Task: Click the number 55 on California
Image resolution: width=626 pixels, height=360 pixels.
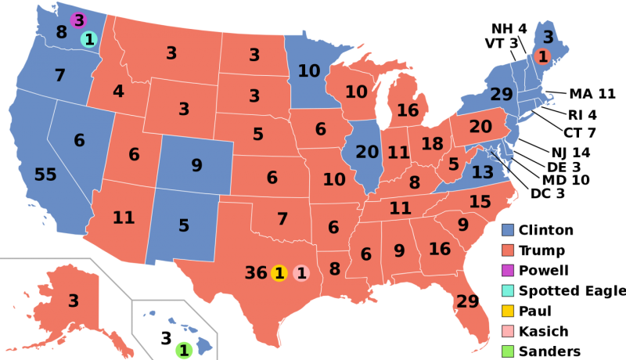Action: click(45, 175)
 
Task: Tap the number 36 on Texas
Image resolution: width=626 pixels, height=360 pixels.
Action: click(255, 273)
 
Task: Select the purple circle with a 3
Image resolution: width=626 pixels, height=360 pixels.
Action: click(77, 20)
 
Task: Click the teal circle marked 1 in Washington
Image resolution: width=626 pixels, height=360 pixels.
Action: click(88, 39)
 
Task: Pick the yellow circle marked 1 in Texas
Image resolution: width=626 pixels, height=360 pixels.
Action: click(279, 273)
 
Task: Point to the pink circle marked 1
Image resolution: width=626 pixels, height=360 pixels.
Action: click(301, 273)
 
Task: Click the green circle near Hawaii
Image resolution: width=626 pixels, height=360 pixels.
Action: click(184, 351)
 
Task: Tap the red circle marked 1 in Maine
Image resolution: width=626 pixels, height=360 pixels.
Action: click(542, 56)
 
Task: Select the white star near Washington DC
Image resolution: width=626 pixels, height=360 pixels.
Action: click(491, 152)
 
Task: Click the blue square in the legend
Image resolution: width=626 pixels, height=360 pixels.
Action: click(508, 230)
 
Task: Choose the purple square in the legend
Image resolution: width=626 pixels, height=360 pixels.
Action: click(508, 271)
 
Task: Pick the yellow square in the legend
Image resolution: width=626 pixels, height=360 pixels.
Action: click(508, 311)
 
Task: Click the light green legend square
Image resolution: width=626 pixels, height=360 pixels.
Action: click(508, 351)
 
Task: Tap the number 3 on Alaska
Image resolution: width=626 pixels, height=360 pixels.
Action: click(73, 301)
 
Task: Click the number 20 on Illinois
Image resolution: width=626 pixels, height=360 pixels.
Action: click(367, 153)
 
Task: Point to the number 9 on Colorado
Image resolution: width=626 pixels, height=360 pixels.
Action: click(196, 166)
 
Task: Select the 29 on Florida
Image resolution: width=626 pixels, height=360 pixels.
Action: click(467, 301)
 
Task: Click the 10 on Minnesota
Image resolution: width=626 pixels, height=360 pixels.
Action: click(308, 71)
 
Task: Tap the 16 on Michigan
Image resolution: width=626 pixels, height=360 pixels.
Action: click(408, 110)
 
